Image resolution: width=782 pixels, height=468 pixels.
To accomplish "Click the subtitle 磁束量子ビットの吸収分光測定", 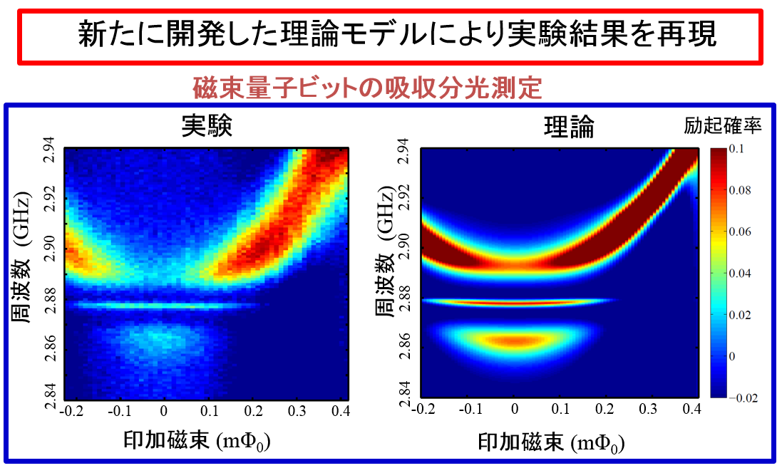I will point(368,88).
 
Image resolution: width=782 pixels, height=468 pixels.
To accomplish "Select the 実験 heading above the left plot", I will point(207,126).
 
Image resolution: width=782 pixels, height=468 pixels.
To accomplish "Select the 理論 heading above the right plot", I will point(569,127).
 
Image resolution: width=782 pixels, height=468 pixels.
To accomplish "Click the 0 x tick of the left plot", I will point(163,412).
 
